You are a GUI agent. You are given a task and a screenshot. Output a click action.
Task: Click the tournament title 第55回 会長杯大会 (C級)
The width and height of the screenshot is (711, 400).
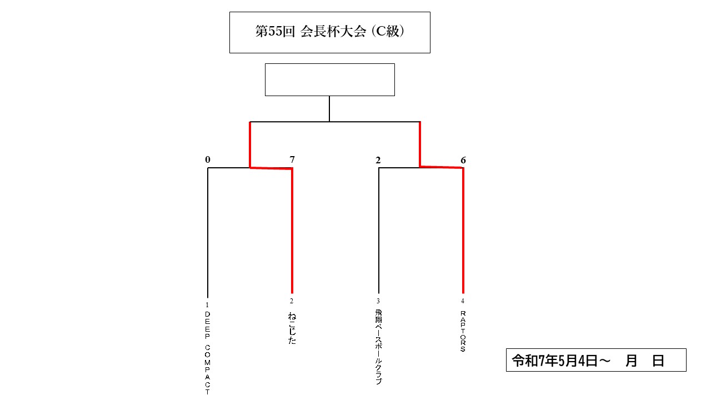[x=330, y=32]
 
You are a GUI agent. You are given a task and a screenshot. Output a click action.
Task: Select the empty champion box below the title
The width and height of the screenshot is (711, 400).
[x=330, y=79]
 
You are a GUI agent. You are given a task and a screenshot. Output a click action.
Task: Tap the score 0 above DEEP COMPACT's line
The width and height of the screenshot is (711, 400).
[x=208, y=159]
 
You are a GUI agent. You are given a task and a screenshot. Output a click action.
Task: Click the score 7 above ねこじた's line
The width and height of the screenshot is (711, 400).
[x=292, y=159]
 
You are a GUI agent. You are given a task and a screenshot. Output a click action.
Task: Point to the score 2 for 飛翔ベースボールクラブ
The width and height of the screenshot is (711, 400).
[x=378, y=161]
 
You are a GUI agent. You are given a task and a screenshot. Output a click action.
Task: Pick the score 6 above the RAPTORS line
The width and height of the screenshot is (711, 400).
[x=463, y=161]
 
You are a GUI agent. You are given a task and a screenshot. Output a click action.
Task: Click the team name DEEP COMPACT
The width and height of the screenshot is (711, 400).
[x=207, y=353]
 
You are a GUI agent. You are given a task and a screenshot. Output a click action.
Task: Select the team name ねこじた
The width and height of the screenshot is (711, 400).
[x=292, y=328]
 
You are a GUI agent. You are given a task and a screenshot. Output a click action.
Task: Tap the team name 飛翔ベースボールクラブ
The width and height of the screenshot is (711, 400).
[x=378, y=347]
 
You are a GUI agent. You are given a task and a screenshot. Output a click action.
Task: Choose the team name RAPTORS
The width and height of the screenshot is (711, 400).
[x=463, y=331]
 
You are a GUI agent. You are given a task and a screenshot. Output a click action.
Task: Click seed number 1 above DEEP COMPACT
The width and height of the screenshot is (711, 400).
[x=207, y=305]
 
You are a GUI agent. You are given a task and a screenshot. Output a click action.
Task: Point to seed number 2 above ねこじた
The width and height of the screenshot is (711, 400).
[x=292, y=301]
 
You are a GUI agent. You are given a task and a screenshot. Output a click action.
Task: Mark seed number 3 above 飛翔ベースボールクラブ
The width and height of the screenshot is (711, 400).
[x=378, y=301]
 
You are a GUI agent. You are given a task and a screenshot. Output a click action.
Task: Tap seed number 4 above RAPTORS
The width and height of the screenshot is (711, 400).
[x=463, y=301]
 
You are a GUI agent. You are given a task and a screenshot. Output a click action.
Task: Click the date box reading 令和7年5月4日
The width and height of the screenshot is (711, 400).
[x=596, y=360]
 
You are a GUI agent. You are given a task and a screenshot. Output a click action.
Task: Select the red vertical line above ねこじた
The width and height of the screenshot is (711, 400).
[x=292, y=231]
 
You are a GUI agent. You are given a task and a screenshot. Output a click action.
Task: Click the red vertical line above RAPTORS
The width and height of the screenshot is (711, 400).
[x=463, y=231]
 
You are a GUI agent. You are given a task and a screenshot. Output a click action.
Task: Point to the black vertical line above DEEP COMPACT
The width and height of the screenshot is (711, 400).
[x=208, y=233]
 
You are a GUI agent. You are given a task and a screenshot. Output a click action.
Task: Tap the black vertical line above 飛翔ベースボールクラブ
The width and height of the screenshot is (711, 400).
[x=379, y=231]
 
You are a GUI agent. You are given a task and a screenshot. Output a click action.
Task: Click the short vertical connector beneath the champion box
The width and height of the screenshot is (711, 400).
[x=329, y=108]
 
